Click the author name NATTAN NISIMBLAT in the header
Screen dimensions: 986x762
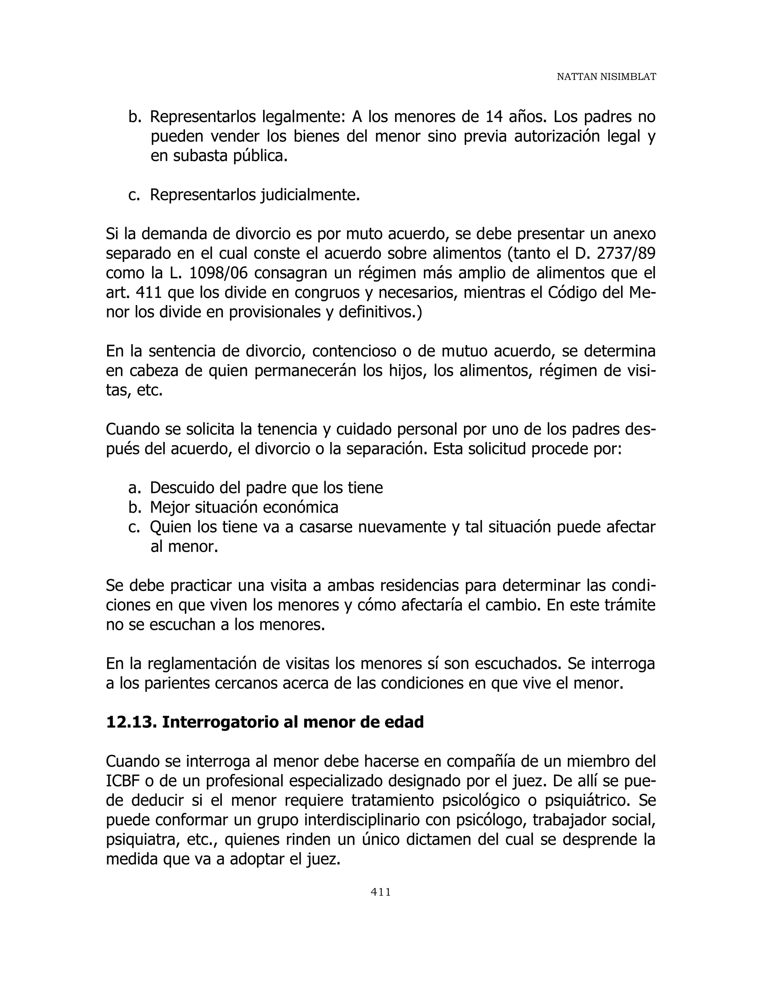[x=606, y=77]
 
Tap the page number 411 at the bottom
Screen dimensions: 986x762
[x=381, y=891]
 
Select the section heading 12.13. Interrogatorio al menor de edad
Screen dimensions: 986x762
[x=265, y=722]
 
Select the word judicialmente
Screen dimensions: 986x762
[x=310, y=195]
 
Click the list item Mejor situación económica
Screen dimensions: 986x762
[x=244, y=508]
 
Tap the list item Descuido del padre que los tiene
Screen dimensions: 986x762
[x=266, y=487]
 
